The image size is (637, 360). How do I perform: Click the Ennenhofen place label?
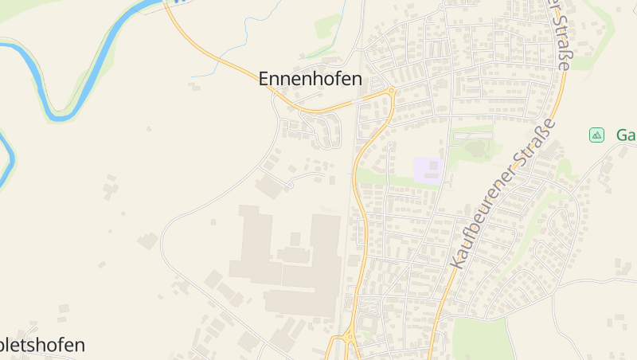[310, 80]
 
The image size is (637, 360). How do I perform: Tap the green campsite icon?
[596, 135]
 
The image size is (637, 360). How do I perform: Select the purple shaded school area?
[428, 170]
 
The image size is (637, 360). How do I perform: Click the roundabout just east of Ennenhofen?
[391, 91]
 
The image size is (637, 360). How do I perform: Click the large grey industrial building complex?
[287, 259]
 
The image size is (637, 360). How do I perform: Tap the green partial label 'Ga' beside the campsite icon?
[626, 135]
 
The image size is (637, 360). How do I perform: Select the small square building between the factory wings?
[295, 239]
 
